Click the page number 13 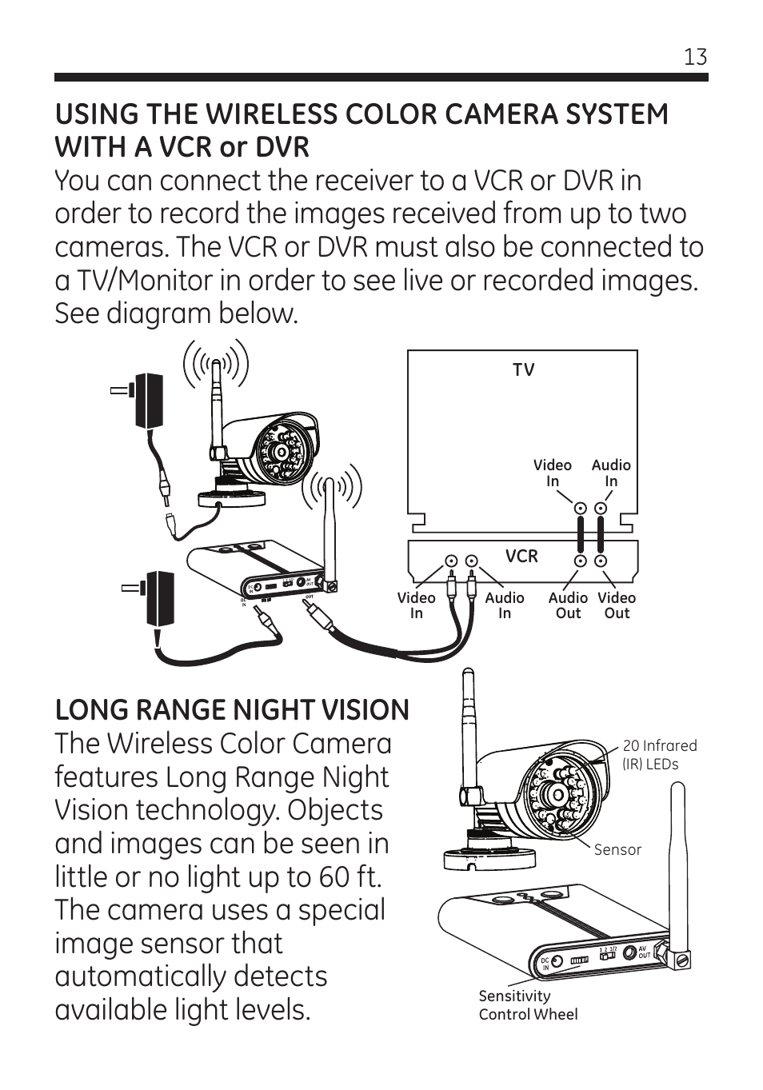click(x=695, y=57)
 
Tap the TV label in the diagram click(x=523, y=369)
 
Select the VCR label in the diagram click(x=521, y=556)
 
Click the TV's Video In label click(x=553, y=473)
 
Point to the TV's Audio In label click(x=611, y=473)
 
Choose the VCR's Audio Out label click(x=568, y=605)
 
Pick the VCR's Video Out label click(x=617, y=605)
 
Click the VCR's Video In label click(x=416, y=605)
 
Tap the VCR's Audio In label click(x=505, y=605)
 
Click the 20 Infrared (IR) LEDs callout click(x=659, y=754)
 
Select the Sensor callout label click(x=617, y=849)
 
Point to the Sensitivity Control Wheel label click(x=527, y=1005)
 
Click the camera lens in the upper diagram click(x=282, y=452)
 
